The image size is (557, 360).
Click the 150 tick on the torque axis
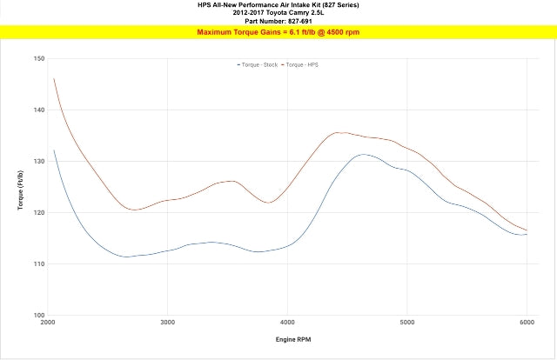coord(39,58)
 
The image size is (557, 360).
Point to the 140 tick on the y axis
coord(39,110)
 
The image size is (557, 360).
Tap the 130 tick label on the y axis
coord(39,161)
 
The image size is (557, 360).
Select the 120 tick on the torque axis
coord(39,212)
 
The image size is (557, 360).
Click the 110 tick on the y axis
coord(39,263)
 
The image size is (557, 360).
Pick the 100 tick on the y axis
coord(39,315)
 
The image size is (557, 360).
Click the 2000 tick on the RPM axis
coord(48,323)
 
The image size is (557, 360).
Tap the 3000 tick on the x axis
coord(167,323)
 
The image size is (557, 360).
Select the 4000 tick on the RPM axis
coord(287,323)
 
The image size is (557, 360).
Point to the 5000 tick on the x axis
coord(407,323)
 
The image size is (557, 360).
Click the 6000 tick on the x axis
coord(527,323)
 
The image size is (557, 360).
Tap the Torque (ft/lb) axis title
coord(21,187)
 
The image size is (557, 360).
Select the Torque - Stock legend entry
coord(258,65)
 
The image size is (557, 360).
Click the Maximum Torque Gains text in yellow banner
coord(278,32)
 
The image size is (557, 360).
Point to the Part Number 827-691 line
coord(278,21)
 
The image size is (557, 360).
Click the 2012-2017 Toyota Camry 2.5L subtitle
coord(278,13)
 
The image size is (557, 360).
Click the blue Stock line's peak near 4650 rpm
coord(364,154)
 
